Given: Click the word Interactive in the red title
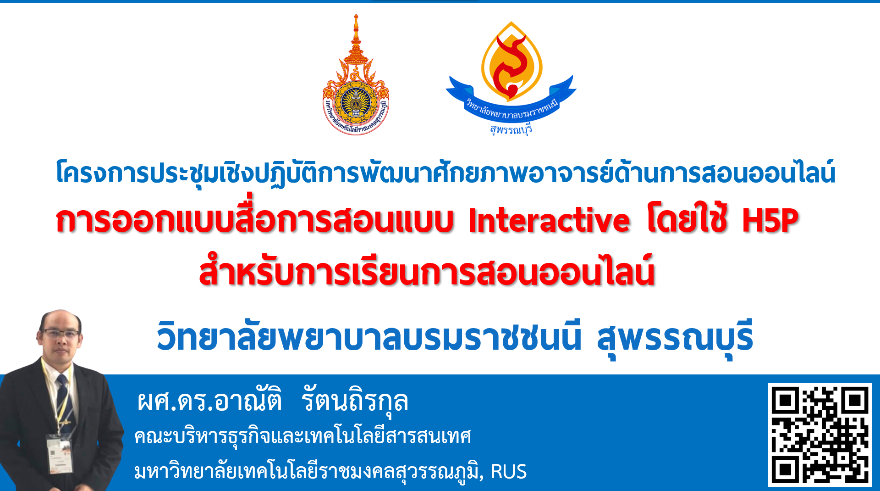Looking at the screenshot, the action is [549, 220].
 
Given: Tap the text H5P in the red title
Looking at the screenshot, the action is [770, 220].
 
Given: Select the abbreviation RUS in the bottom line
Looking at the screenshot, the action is [509, 471].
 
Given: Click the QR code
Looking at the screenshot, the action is [820, 435].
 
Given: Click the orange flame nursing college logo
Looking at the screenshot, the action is [511, 62].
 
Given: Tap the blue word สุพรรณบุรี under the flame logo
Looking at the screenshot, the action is [511, 130].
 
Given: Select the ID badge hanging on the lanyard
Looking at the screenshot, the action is [60, 454].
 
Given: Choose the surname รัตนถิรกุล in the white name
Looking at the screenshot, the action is [355, 401].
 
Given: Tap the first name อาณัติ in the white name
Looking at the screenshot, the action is [248, 400].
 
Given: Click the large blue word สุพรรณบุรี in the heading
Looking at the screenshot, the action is [675, 338].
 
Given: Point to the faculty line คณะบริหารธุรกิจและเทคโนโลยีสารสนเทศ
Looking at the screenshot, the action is [302, 436].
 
